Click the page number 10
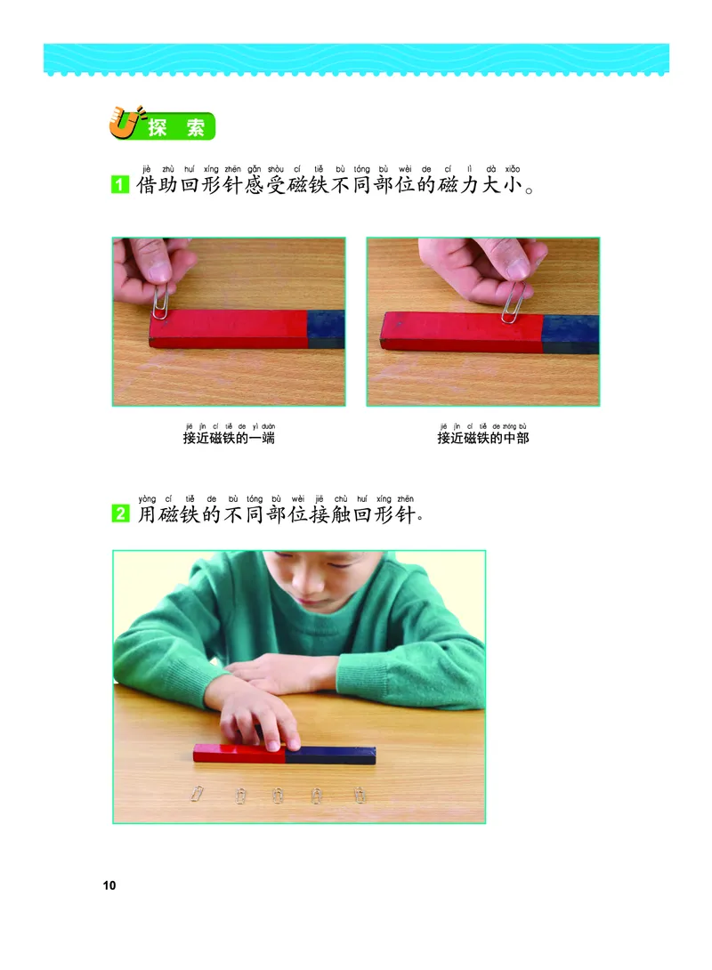tap(109, 885)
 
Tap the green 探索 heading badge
tap(176, 127)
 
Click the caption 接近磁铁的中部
tap(482, 438)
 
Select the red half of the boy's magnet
tap(239, 753)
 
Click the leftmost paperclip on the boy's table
tap(198, 793)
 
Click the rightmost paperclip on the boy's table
tap(360, 795)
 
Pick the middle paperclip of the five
tap(278, 795)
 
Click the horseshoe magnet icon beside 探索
tap(120, 124)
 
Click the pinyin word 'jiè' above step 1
tap(147, 169)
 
